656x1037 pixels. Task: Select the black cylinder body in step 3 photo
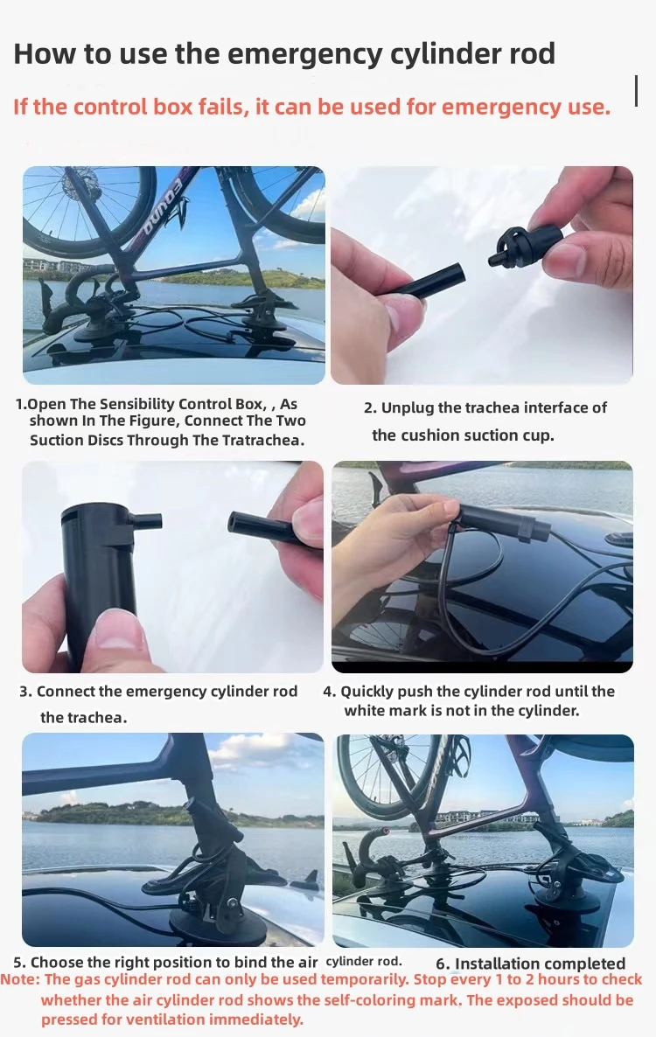pyautogui.click(x=98, y=582)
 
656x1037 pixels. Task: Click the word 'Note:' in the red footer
pyautogui.click(x=20, y=979)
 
